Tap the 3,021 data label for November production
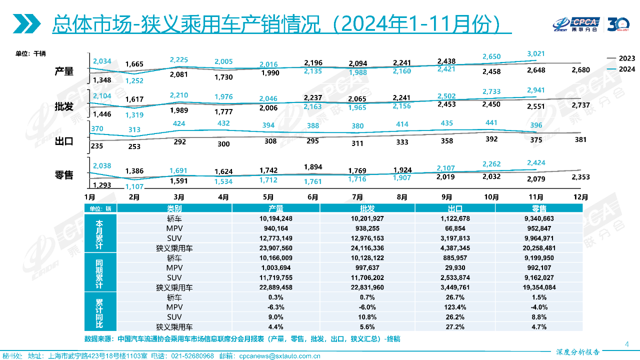click(x=536, y=53)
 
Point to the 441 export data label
click(x=491, y=123)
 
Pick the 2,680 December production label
click(x=580, y=69)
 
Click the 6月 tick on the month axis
click(x=312, y=197)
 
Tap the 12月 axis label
click(x=580, y=197)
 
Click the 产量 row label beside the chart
click(x=64, y=71)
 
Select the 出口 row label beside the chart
click(x=64, y=141)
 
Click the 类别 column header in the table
click(x=174, y=208)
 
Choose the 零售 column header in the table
click(x=539, y=208)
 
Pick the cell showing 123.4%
click(x=455, y=307)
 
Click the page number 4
click(x=626, y=343)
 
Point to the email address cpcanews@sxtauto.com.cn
click(x=279, y=356)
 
